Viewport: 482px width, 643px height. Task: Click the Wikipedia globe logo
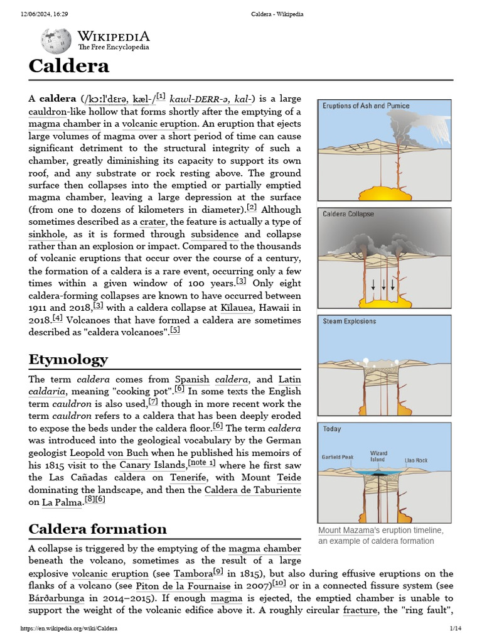56,41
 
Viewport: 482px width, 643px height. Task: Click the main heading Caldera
69,66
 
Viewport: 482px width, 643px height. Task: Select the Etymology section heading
68,359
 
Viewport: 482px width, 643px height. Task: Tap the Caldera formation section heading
97,528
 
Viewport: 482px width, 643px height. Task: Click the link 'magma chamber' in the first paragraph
65,124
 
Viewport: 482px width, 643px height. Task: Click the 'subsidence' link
215,234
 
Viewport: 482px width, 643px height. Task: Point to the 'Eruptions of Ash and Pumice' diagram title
362,105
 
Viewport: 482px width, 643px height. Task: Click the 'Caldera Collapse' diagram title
348,214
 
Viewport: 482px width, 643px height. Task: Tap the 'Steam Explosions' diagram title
350,321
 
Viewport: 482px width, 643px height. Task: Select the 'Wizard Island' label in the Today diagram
378,455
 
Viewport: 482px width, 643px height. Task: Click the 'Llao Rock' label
415,460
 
